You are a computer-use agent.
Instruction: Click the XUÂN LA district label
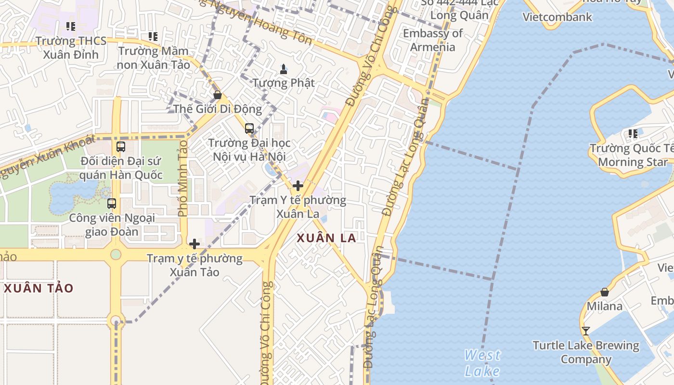coord(326,238)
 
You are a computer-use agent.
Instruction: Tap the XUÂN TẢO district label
coord(39,288)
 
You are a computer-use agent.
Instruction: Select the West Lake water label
coord(482,363)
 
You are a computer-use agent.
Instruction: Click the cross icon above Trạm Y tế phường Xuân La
coord(298,186)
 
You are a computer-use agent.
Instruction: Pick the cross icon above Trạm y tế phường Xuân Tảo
coord(194,244)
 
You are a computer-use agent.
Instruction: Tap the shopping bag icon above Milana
coord(604,292)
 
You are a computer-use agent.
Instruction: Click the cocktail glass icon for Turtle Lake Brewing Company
coord(585,331)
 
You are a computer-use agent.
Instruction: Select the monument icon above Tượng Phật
coord(284,69)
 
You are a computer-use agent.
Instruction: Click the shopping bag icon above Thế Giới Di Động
coord(218,95)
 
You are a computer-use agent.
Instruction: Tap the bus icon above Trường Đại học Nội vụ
coord(249,128)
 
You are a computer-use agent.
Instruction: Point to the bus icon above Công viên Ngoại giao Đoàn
coord(112,204)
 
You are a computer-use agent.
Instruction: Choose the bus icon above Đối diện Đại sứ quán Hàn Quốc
coord(121,147)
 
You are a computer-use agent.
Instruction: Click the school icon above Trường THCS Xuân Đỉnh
coord(71,26)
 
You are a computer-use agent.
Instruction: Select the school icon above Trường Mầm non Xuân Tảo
coord(153,37)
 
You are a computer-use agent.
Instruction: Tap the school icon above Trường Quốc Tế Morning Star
coord(633,134)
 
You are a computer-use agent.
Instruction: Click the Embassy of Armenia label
coord(432,40)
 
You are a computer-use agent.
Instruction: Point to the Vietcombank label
coord(557,17)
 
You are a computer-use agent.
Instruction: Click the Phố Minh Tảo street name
coord(182,177)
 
